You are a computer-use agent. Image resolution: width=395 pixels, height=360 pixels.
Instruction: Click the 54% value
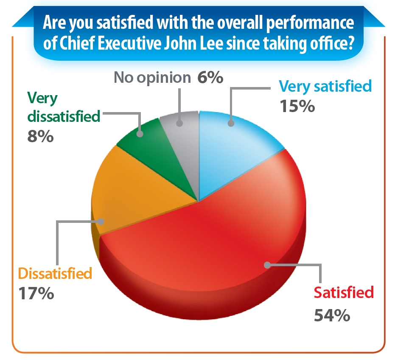point(332,315)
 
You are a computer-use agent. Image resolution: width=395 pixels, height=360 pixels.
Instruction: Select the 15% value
point(297,106)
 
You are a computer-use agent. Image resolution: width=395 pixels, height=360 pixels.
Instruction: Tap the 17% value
point(36,294)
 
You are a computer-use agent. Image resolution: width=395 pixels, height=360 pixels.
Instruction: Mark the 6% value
point(210,78)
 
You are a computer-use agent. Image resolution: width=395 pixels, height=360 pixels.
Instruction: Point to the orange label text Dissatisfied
point(55,273)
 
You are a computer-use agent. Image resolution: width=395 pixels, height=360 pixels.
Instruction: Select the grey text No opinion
point(152,78)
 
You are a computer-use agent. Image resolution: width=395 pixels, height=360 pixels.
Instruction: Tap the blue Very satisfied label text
point(325,86)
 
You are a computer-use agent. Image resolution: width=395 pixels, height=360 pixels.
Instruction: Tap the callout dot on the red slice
point(267,265)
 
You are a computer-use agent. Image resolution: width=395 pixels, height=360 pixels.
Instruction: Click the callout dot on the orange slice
point(101,221)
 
